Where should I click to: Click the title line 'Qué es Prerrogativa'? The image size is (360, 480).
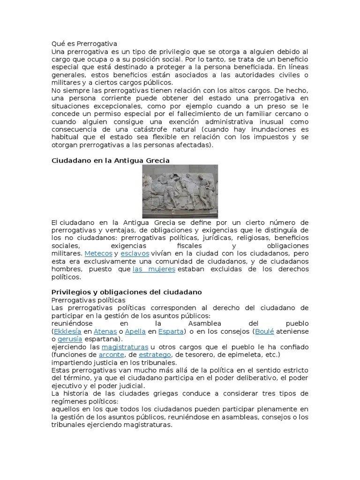coord(84,44)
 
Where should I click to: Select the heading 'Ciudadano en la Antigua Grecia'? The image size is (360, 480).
coord(110,160)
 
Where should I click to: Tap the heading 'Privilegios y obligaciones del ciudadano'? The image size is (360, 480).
coord(127,292)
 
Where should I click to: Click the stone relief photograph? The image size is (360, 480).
coord(180,191)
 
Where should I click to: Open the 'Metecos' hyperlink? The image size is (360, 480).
coord(98,254)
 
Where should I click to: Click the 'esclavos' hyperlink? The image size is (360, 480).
coord(135,254)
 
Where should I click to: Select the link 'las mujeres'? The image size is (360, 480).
coord(154,270)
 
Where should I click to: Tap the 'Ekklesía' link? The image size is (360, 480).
coord(67,331)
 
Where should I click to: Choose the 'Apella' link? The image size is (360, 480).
coord(135,331)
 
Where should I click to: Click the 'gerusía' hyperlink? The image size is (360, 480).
coord(70,339)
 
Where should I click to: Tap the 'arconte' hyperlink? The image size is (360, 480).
coord(111,355)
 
